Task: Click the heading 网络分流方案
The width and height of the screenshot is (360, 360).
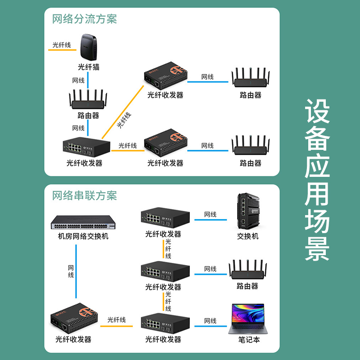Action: click(x=85, y=19)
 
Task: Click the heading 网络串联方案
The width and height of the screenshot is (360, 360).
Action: click(x=85, y=196)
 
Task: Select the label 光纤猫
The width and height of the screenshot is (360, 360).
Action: click(x=88, y=67)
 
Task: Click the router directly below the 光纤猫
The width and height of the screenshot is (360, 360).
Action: click(x=88, y=100)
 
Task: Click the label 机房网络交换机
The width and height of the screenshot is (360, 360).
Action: click(x=83, y=236)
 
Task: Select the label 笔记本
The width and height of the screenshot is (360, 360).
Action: click(x=249, y=340)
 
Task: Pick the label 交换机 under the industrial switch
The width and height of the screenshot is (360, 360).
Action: click(x=248, y=236)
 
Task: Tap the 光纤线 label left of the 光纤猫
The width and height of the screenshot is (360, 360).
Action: click(x=62, y=45)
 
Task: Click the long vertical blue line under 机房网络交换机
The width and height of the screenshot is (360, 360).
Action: click(x=75, y=274)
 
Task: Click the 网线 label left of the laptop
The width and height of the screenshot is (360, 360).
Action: click(x=210, y=321)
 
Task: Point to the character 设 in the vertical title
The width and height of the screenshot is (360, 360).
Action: click(x=317, y=112)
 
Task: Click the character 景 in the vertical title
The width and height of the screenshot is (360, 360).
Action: click(x=317, y=248)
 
